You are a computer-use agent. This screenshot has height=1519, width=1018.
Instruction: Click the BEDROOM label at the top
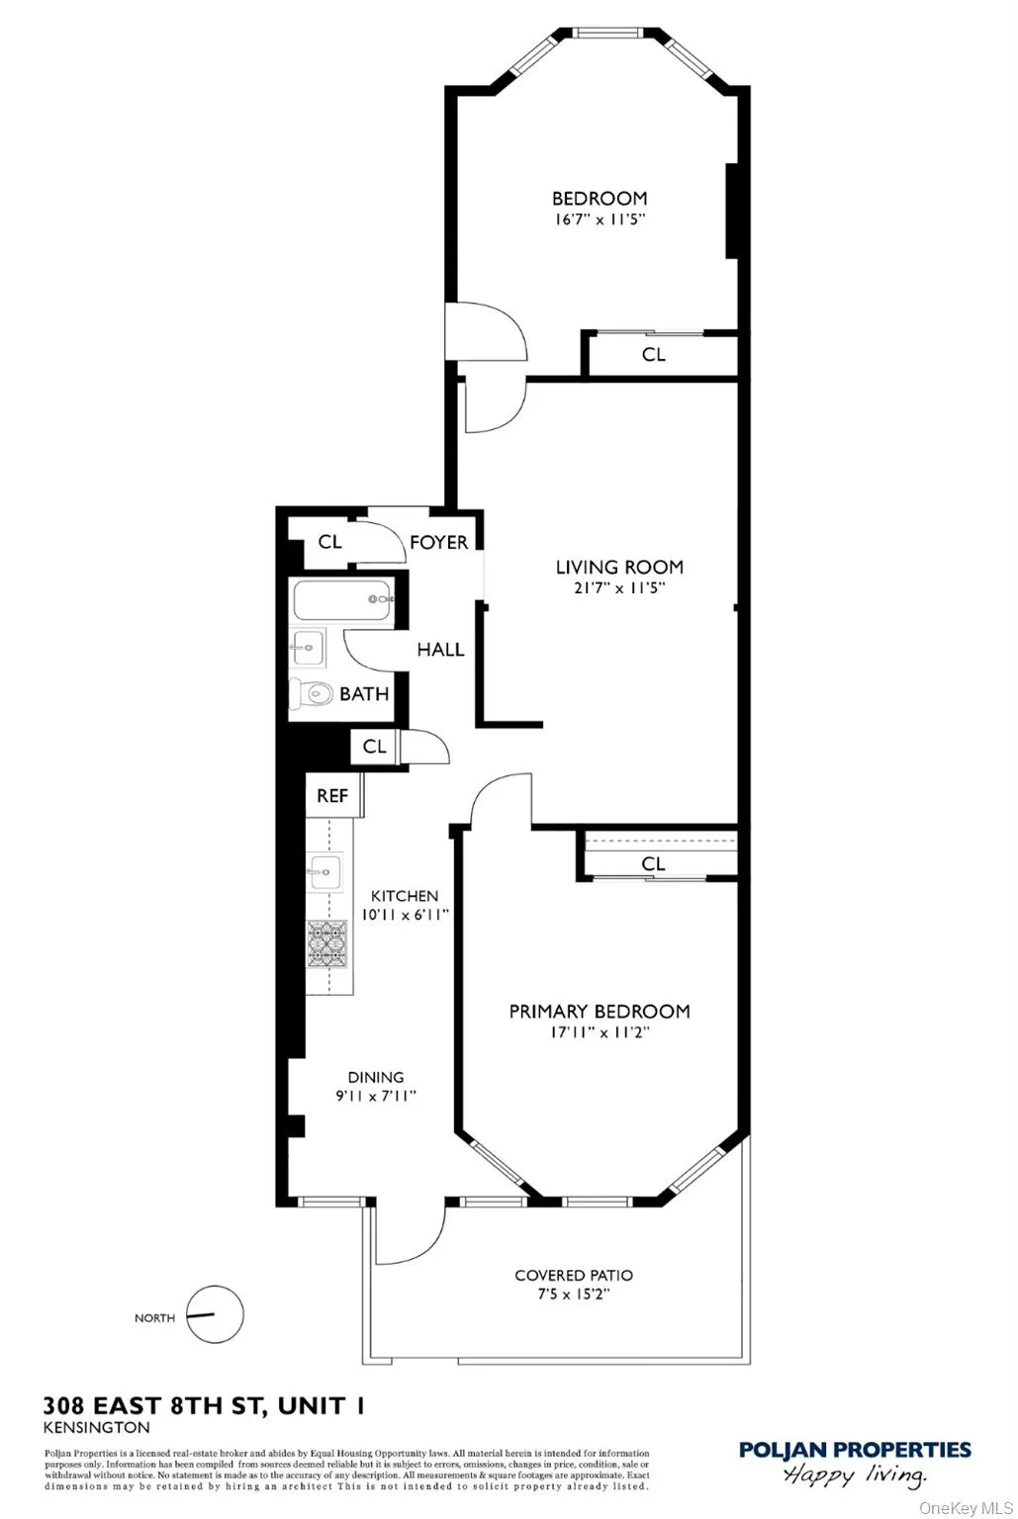[x=600, y=199]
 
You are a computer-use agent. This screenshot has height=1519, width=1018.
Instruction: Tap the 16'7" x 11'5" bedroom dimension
[x=600, y=220]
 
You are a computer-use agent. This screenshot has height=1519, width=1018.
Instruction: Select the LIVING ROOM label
[x=619, y=567]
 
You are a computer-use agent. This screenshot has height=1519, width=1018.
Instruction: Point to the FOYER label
[x=438, y=542]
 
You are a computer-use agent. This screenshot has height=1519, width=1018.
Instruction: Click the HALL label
[x=440, y=650]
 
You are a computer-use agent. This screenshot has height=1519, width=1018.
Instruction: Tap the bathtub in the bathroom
[x=341, y=599]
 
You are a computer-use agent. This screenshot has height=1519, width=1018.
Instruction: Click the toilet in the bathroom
[x=311, y=694]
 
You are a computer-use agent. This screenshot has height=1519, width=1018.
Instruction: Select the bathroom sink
[x=309, y=648]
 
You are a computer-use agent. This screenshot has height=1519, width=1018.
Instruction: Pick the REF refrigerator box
[x=332, y=795]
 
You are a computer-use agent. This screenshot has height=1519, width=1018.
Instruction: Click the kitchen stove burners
[x=325, y=943]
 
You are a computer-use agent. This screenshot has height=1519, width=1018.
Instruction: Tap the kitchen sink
[x=324, y=871]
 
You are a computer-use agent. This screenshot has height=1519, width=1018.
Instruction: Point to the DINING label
[x=375, y=1077]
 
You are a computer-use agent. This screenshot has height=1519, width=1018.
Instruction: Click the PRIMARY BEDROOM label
[x=600, y=1011]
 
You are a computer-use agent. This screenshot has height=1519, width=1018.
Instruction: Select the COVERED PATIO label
[x=574, y=1276]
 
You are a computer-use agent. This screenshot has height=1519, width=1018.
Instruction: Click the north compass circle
[x=215, y=1314]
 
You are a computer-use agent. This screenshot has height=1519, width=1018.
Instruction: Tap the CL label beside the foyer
[x=329, y=542]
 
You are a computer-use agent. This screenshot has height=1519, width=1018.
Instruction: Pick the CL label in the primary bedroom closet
[x=653, y=863]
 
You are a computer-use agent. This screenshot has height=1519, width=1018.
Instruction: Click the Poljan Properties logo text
[x=855, y=1451]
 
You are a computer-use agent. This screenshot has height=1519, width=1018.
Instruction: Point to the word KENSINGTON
[x=97, y=1427]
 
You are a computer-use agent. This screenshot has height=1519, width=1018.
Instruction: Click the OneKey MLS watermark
[x=966, y=1508]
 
